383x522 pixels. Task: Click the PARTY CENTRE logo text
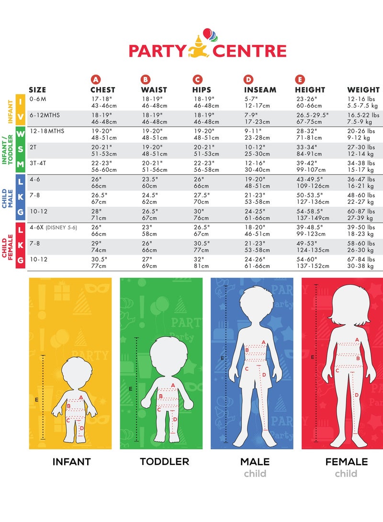207,51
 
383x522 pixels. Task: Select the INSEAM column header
260,89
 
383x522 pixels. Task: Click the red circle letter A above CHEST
96,79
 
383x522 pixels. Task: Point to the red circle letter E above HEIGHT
300,79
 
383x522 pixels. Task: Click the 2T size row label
33,147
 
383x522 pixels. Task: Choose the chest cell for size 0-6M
102,102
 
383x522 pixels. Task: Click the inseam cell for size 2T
255,150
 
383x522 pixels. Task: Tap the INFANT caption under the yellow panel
71,462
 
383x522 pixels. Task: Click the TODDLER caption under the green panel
164,462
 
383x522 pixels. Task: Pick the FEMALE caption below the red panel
346,462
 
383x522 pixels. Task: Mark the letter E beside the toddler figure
130,389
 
